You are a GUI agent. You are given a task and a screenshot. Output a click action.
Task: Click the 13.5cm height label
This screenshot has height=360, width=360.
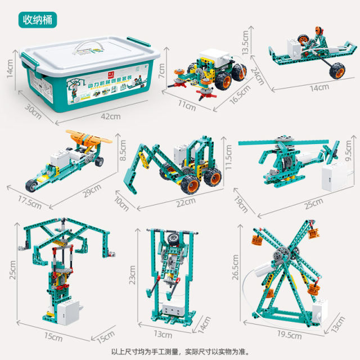coord(260,42)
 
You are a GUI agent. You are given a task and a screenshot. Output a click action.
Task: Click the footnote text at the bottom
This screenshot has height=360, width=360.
coord(179,351)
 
